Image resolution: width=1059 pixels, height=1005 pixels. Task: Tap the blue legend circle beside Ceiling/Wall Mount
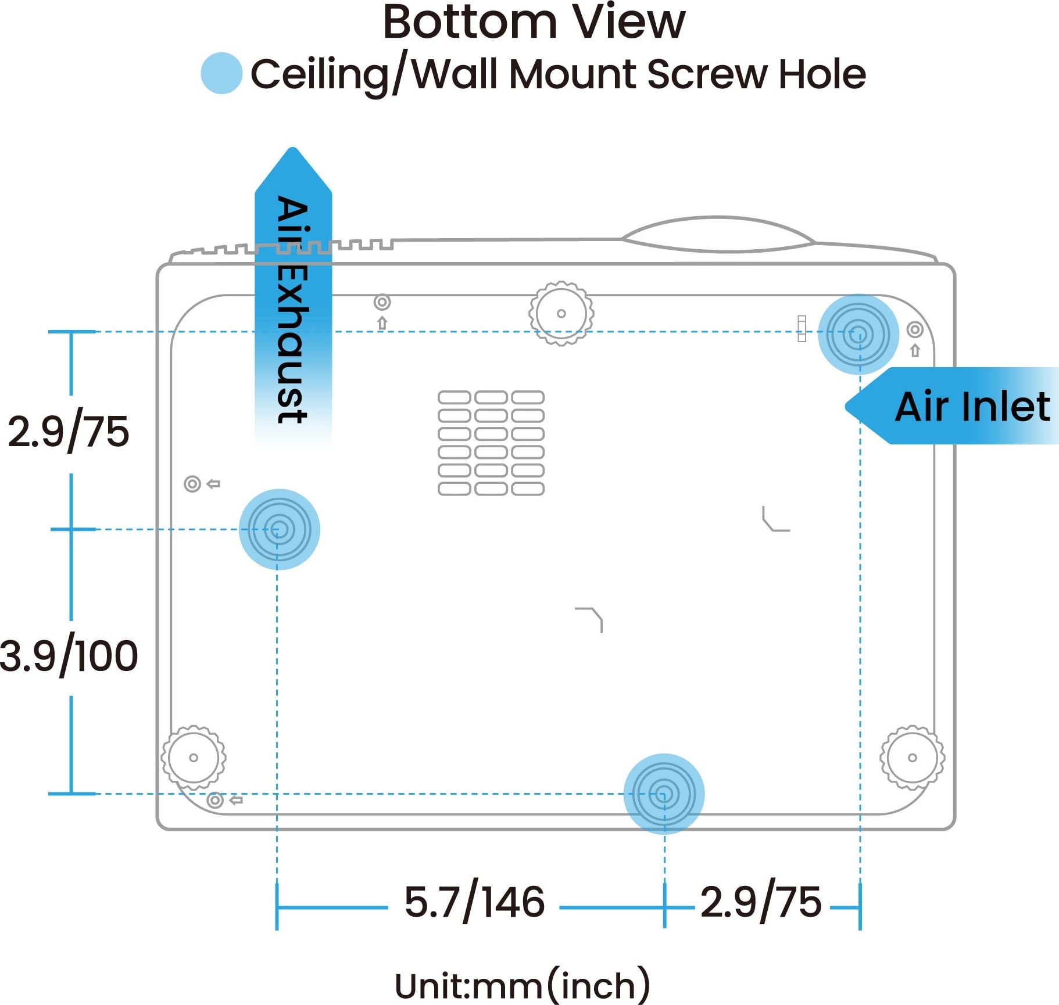tap(221, 73)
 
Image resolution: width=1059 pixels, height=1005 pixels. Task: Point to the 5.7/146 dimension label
tap(474, 902)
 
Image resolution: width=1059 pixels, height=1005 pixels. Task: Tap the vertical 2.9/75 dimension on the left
tap(69, 432)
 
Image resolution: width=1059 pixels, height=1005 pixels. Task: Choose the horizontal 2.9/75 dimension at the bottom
tap(761, 902)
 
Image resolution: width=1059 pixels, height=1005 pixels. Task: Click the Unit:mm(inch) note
tap(522, 985)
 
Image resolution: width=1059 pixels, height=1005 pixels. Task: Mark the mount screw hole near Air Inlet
tap(858, 334)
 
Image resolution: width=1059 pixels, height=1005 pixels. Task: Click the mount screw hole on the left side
tap(279, 529)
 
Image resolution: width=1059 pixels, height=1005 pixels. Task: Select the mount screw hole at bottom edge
tap(664, 794)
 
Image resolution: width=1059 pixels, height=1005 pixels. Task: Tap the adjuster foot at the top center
tap(561, 314)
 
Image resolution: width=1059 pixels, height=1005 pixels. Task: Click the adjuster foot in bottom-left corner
tap(194, 758)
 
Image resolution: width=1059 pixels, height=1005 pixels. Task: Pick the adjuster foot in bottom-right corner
tap(912, 758)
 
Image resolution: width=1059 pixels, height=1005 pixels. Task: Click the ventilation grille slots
tap(491, 443)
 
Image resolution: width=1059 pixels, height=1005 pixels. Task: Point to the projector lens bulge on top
tap(718, 234)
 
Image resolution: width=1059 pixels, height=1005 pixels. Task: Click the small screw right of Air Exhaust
tap(382, 302)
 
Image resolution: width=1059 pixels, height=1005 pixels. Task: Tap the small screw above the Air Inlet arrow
tap(915, 330)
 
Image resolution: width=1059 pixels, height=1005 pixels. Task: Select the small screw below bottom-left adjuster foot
tap(215, 800)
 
